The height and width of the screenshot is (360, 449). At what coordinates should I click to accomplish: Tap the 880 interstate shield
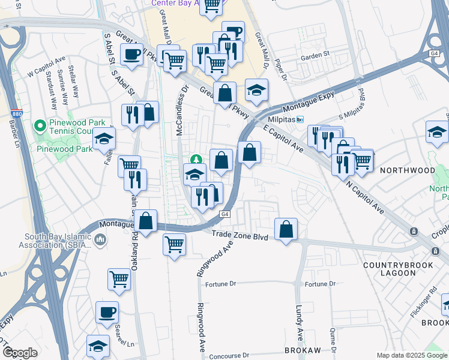click(16, 114)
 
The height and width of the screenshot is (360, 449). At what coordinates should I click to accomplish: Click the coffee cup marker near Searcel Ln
click(107, 312)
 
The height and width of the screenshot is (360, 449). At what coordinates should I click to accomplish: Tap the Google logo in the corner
click(20, 353)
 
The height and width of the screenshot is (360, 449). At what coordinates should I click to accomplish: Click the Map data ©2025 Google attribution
click(411, 355)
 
